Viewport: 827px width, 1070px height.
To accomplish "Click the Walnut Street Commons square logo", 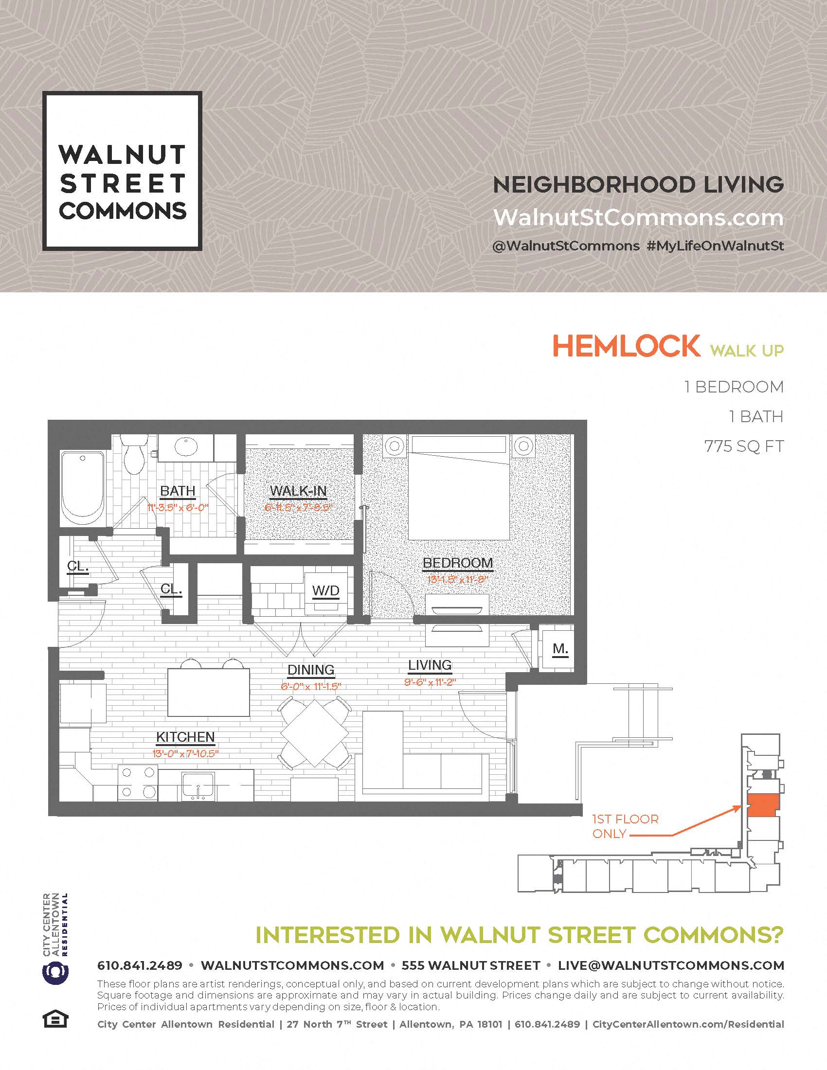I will [122, 171].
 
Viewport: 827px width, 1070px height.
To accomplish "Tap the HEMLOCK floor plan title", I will [626, 347].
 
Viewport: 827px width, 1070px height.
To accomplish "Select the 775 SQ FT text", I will [743, 446].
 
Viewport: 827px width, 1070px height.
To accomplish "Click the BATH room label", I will [178, 491].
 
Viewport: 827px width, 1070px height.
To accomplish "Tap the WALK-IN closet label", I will [298, 491].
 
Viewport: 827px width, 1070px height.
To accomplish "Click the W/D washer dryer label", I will [326, 591].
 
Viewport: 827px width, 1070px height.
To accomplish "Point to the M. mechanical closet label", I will [560, 649].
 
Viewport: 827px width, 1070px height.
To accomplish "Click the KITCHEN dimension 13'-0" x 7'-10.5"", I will [185, 753].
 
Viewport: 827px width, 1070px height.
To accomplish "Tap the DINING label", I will [311, 670].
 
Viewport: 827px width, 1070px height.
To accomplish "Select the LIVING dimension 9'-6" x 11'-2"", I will [430, 681].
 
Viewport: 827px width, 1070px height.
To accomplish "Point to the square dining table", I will [314, 733].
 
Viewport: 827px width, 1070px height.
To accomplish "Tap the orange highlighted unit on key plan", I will [762, 805].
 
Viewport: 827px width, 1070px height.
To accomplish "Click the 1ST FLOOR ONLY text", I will [625, 826].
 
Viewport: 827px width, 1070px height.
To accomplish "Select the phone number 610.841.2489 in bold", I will [140, 965].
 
